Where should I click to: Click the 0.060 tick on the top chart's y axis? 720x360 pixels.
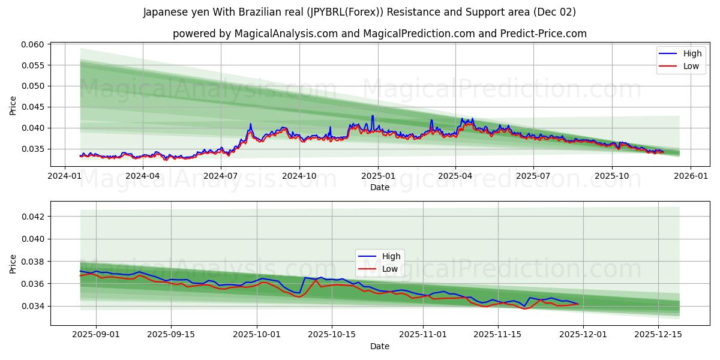34,44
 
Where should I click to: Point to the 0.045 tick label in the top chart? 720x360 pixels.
34,107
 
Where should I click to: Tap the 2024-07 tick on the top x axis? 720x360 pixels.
221,176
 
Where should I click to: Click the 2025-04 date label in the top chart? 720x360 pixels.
455,176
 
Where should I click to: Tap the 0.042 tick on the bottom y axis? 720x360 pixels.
34,216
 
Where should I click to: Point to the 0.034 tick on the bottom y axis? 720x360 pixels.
34,306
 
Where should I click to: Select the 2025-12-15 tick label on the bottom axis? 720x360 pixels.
659,335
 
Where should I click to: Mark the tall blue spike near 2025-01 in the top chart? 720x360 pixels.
373,116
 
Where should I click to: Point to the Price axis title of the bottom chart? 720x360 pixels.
13,263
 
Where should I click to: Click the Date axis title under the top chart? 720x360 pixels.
379,187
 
